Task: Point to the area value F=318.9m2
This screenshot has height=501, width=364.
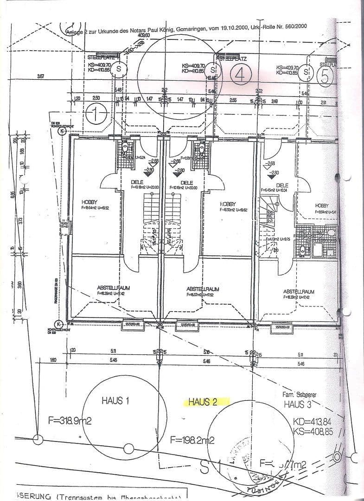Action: click(x=70, y=421)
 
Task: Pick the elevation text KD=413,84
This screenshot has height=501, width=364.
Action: click(x=313, y=423)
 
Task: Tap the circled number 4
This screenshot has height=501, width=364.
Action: click(x=240, y=75)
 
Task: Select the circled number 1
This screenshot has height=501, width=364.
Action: click(x=96, y=114)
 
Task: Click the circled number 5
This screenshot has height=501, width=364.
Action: click(x=325, y=76)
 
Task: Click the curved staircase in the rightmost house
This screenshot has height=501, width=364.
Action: click(x=269, y=218)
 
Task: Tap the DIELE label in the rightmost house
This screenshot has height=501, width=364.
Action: click(x=281, y=185)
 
